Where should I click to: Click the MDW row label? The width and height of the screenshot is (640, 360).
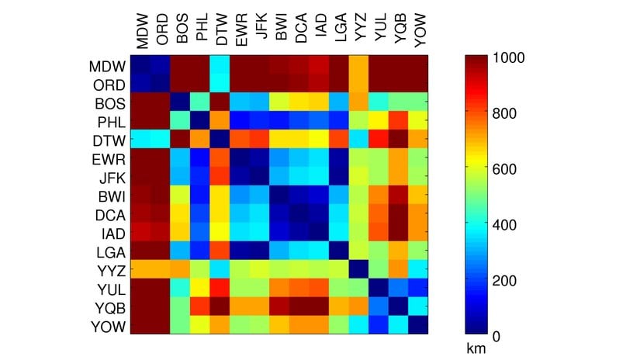pos(106,64)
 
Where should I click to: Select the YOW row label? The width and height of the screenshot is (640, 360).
pos(106,325)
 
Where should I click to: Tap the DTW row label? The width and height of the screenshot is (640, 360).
pos(106,138)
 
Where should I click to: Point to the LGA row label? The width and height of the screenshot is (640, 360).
pos(106,251)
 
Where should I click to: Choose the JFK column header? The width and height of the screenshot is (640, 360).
pos(261,35)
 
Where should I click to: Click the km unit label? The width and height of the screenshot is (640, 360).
pos(476,349)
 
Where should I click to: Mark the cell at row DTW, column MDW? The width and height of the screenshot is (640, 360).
pos(140,138)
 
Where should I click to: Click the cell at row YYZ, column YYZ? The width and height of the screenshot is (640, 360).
pos(362,269)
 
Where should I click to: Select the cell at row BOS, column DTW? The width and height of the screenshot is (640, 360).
pos(220,101)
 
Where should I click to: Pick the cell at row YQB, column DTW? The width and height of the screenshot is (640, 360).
pos(220,306)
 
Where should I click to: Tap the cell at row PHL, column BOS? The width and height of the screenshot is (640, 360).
pos(180,119)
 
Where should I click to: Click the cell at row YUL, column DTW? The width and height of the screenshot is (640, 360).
pos(220,288)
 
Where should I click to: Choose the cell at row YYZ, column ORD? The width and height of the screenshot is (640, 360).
pos(160,269)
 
